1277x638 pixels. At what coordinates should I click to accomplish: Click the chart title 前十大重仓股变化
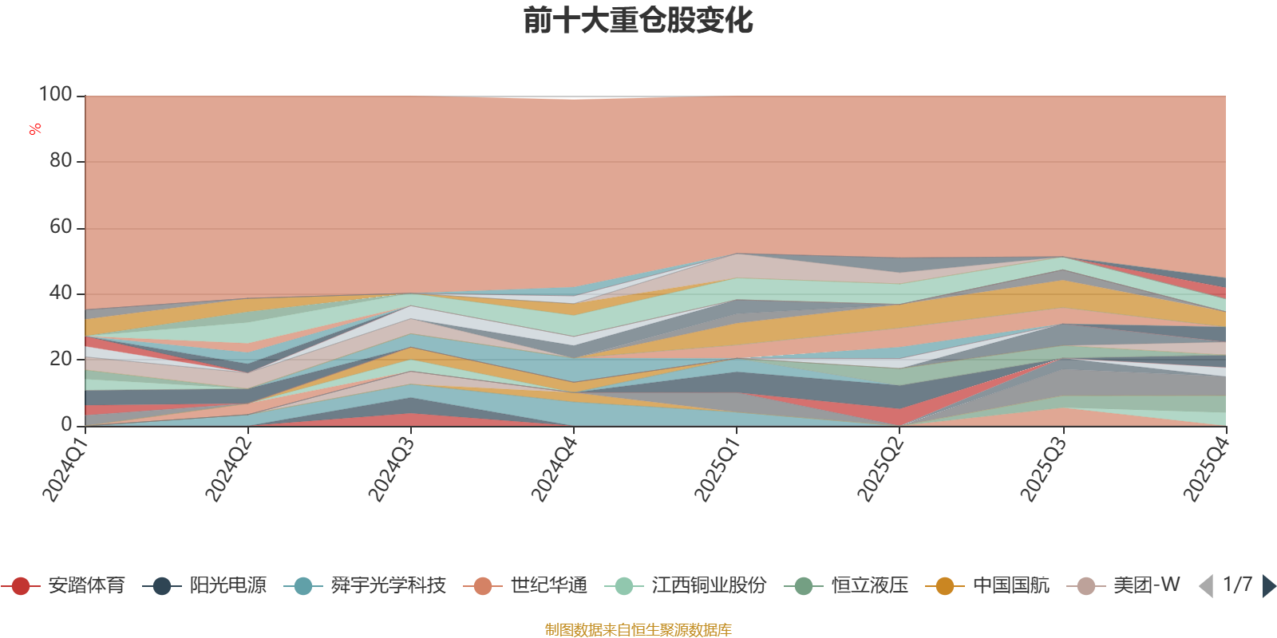pos(638,21)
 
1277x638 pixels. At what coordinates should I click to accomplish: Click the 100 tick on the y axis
pos(55,95)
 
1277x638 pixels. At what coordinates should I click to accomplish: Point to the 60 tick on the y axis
pos(61,227)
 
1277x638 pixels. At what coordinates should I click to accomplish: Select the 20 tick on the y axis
pos(61,360)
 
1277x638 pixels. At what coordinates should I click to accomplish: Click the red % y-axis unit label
pos(35,129)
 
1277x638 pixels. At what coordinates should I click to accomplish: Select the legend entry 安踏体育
pos(63,585)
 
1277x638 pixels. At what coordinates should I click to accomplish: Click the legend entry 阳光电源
pos(204,585)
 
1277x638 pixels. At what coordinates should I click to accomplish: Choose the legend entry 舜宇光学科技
pos(365,585)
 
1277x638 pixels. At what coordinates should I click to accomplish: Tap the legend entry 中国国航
pos(987,585)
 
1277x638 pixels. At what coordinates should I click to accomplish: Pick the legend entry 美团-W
pos(1123,585)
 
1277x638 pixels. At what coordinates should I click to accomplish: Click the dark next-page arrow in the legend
pos(1269,585)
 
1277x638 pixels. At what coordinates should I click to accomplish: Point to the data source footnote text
pos(638,629)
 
